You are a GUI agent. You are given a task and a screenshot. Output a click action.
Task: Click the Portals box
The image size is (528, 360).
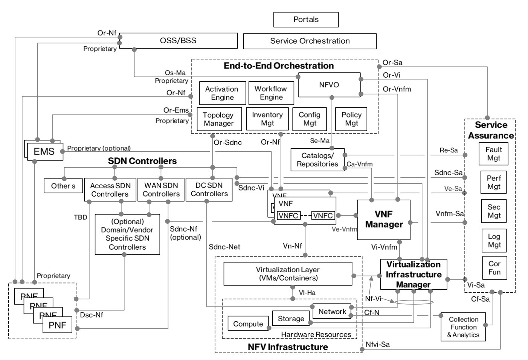coord(306,20)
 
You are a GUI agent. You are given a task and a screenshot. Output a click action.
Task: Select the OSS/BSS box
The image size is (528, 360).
coord(178,41)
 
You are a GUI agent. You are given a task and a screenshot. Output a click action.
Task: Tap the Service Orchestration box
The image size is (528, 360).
coord(310,41)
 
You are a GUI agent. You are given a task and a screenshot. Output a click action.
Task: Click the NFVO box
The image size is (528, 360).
coord(329,85)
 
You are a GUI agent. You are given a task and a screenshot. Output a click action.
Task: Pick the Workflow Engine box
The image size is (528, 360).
coord(271,93)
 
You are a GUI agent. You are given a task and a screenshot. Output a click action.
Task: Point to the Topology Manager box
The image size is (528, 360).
coord(218,119)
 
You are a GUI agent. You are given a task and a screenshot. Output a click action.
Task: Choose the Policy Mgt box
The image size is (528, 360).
coord(351,119)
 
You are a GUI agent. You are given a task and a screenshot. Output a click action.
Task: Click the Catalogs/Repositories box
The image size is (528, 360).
coord(317,160)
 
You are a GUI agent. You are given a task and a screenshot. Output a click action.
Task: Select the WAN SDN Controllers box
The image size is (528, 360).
coord(161,189)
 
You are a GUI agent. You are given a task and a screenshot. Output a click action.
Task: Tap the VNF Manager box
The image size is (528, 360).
coord(383,220)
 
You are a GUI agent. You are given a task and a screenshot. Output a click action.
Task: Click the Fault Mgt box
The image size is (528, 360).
coord(493,154)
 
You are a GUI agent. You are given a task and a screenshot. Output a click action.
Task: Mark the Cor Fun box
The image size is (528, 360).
coord(494,268)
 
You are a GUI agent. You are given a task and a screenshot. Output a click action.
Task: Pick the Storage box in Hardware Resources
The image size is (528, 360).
coord(291,319)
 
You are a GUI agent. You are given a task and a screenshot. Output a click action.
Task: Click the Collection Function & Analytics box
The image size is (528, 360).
coord(463,327)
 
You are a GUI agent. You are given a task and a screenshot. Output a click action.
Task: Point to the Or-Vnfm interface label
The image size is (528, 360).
coord(397,89)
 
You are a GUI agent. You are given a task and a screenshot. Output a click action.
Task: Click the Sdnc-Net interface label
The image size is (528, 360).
coord(224,247)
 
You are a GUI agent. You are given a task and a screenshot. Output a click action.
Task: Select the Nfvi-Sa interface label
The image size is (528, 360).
coord(377,344)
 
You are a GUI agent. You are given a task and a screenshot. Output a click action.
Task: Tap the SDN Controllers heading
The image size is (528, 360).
coord(142,161)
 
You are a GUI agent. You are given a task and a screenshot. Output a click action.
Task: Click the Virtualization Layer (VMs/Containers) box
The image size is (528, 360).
coord(288,274)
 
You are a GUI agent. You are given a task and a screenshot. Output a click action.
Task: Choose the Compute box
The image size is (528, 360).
coord(248,324)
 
